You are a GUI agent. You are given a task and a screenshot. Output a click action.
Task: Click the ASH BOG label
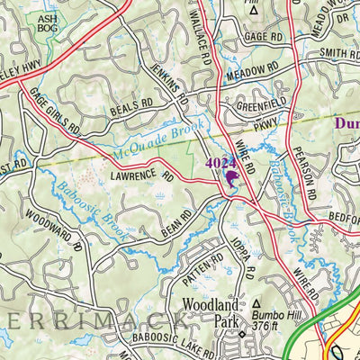46,22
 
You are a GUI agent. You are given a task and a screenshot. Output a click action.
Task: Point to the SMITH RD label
337,54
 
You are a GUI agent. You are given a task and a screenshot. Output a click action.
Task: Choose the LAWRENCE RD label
140,173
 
